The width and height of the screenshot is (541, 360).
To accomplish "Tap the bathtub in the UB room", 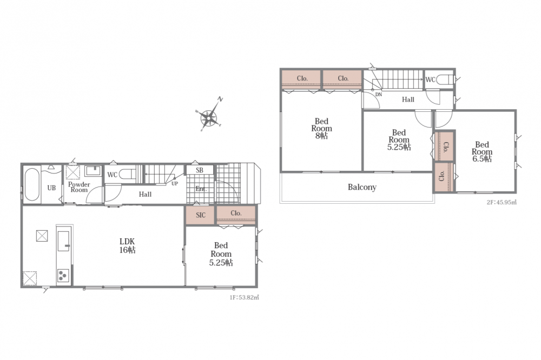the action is pyautogui.click(x=32, y=184).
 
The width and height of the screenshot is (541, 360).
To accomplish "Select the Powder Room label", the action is pyautogui.click(x=79, y=187).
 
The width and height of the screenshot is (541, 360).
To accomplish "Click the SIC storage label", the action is pyautogui.click(x=201, y=215).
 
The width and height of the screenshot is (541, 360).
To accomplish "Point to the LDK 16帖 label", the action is pyautogui.click(x=127, y=245).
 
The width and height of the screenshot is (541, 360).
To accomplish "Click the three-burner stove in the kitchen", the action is pyautogui.click(x=63, y=276).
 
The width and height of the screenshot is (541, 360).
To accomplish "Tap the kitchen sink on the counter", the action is pyautogui.click(x=63, y=241).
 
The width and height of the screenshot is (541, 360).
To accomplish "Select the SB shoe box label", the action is pyautogui.click(x=200, y=170).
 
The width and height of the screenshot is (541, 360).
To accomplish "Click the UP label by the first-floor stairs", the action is pyautogui.click(x=175, y=183).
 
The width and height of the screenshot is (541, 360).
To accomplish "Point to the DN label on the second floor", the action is pyautogui.click(x=379, y=95).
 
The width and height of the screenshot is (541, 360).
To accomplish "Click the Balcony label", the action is pyautogui.click(x=362, y=187).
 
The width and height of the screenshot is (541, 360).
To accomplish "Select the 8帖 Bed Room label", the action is pyautogui.click(x=321, y=128).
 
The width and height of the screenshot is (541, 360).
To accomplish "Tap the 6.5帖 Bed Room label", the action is pyautogui.click(x=482, y=152).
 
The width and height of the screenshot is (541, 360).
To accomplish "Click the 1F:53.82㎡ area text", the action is pyautogui.click(x=245, y=297).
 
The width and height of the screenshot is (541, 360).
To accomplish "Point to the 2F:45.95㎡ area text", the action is pyautogui.click(x=502, y=202).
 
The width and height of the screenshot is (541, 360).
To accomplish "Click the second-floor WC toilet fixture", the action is pyautogui.click(x=445, y=80).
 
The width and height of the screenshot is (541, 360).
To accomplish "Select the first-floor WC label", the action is pyautogui.click(x=113, y=175).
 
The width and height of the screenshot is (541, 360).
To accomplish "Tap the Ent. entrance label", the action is pyautogui.click(x=201, y=189).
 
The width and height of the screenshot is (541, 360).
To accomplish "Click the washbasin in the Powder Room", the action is pyautogui.click(x=93, y=171).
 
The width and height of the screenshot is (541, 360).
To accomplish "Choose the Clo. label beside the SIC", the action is pyautogui.click(x=236, y=213).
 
